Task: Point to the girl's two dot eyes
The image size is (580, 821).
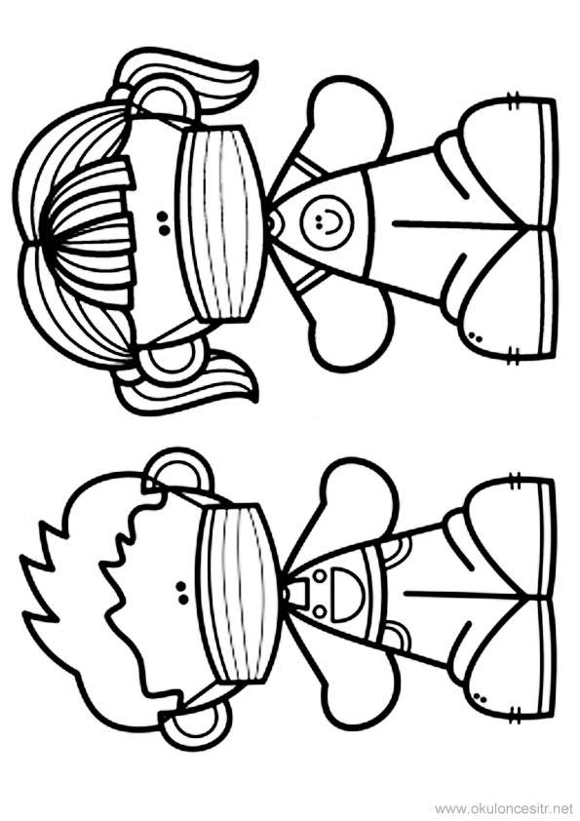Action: click(x=162, y=222)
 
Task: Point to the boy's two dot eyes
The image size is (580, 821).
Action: click(x=181, y=591)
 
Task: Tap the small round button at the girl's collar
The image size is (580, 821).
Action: click(x=271, y=224)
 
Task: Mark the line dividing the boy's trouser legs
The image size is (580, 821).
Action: click(x=461, y=595)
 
